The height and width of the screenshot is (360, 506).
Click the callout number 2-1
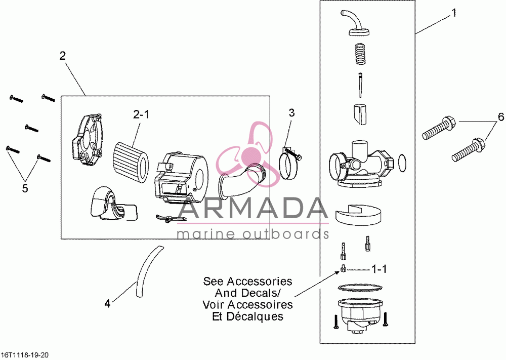tap(141, 114)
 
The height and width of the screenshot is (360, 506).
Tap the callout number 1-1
tap(379, 269)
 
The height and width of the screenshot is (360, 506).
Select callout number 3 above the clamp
tap(292, 113)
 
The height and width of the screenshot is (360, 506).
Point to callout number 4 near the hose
tap(107, 303)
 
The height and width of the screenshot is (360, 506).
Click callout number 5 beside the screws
tap(25, 188)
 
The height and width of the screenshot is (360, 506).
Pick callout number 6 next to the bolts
tap(501, 117)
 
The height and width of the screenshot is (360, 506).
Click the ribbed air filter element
tap(131, 157)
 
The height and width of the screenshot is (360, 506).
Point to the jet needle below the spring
tap(360, 86)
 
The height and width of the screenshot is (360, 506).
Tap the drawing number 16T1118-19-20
tap(24, 355)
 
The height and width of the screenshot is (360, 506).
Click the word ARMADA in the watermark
tap(252, 209)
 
